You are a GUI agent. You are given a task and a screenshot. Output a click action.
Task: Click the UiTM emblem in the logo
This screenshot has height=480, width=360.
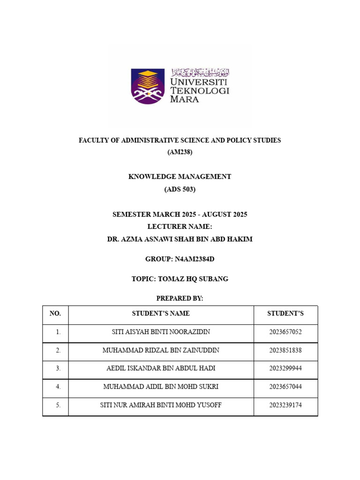(148, 86)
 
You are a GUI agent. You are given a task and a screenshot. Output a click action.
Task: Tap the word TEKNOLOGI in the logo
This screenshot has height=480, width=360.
(200, 90)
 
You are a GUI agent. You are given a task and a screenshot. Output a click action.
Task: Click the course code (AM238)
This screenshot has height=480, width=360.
(180, 152)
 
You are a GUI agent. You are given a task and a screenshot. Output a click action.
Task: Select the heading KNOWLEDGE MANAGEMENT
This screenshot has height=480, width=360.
(180, 177)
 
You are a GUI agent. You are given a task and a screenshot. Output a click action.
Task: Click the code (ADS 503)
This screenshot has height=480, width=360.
(180, 189)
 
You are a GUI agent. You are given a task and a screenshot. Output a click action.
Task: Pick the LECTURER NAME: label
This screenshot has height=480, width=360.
(180, 226)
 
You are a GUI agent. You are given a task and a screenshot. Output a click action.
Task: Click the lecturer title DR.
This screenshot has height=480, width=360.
(113, 239)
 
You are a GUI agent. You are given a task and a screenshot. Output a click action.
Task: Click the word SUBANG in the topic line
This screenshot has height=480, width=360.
(214, 279)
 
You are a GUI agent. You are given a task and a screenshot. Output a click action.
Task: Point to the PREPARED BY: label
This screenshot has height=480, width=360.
(180, 299)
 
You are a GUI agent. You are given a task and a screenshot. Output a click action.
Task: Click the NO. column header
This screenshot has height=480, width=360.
(55, 314)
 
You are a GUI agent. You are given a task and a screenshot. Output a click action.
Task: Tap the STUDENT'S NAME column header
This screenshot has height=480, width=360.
(161, 314)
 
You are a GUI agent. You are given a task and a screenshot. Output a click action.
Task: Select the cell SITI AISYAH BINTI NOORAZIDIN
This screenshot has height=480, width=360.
(161, 332)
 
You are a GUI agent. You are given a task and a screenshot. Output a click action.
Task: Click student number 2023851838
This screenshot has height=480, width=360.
(285, 350)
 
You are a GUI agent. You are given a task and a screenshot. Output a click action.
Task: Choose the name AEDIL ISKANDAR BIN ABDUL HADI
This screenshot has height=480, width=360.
(161, 368)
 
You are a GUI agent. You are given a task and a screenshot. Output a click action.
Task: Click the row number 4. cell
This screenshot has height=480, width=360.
(58, 387)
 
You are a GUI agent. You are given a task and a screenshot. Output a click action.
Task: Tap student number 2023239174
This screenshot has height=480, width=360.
(285, 405)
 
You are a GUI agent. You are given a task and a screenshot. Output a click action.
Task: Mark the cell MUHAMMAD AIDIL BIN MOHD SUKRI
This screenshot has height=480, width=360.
(161, 387)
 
